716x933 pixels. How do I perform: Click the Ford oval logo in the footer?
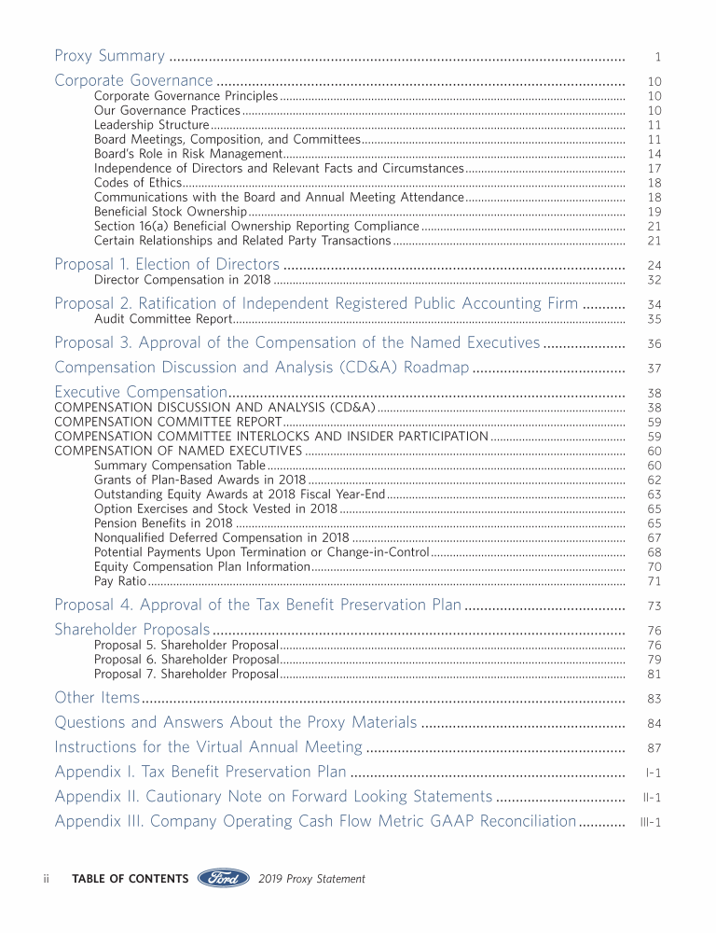223,878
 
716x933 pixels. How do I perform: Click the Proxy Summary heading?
110,56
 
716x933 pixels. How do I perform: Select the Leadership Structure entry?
151,125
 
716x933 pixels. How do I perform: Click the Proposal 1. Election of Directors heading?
167,264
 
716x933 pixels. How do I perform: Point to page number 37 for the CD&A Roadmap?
654,369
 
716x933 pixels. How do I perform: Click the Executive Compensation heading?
141,392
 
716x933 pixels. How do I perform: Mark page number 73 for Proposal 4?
654,606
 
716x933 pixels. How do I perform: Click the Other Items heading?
97,697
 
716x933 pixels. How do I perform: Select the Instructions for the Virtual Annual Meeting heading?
208,746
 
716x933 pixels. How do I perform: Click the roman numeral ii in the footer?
46,879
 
